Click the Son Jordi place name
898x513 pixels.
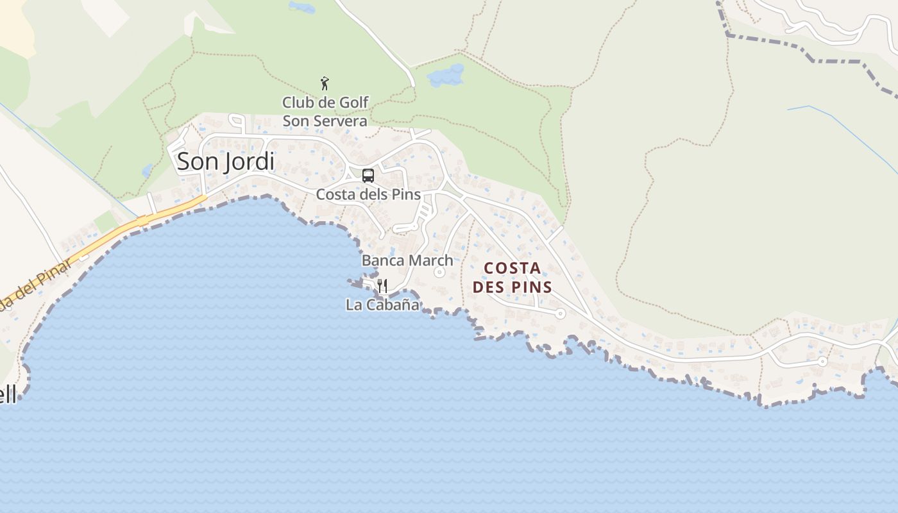point(226,162)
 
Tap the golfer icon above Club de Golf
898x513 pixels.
point(325,83)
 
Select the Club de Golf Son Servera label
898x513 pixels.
point(325,112)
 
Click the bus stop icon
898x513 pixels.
point(368,175)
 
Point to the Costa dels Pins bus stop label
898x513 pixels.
point(368,194)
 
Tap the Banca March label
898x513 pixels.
point(407,260)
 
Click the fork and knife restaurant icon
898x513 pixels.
point(382,285)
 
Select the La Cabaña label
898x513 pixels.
point(382,305)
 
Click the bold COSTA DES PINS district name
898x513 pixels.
point(513,278)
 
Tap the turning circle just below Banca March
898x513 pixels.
point(439,273)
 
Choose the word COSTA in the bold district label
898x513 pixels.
point(513,268)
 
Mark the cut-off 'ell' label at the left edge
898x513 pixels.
point(8,395)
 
